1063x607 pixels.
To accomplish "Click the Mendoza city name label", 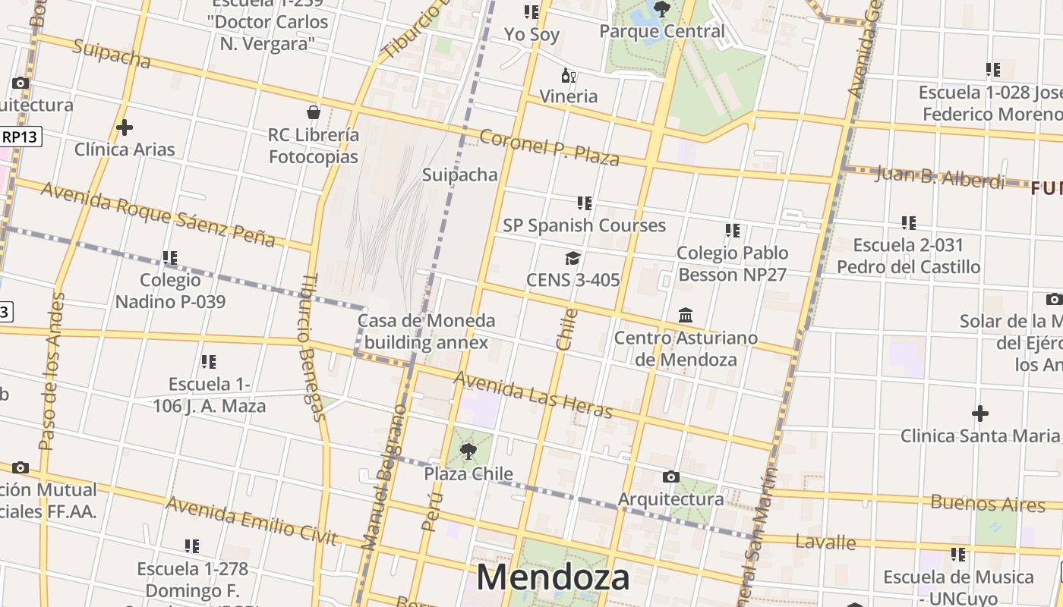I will (553, 577).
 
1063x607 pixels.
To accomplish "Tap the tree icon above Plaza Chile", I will (468, 451).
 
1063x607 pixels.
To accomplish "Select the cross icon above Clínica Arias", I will (125, 127).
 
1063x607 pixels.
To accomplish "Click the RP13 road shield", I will (20, 137).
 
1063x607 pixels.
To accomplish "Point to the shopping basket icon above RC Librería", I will (314, 113).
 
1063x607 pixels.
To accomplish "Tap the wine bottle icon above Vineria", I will (568, 75).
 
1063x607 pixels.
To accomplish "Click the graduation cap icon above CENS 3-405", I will (573, 259).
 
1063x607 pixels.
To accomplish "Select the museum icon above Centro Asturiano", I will (686, 315).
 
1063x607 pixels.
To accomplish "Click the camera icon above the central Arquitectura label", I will (670, 476).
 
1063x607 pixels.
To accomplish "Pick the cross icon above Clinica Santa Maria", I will (980, 414).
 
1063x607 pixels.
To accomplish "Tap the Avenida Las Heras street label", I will (533, 395).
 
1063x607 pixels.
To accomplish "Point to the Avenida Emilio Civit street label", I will (251, 521).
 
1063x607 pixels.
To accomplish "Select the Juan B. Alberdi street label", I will (940, 178).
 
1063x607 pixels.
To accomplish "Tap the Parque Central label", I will (662, 32).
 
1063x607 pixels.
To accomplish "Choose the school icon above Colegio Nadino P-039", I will (170, 258).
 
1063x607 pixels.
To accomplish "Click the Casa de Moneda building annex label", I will (427, 332).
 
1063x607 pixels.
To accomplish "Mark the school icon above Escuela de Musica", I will (958, 555).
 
